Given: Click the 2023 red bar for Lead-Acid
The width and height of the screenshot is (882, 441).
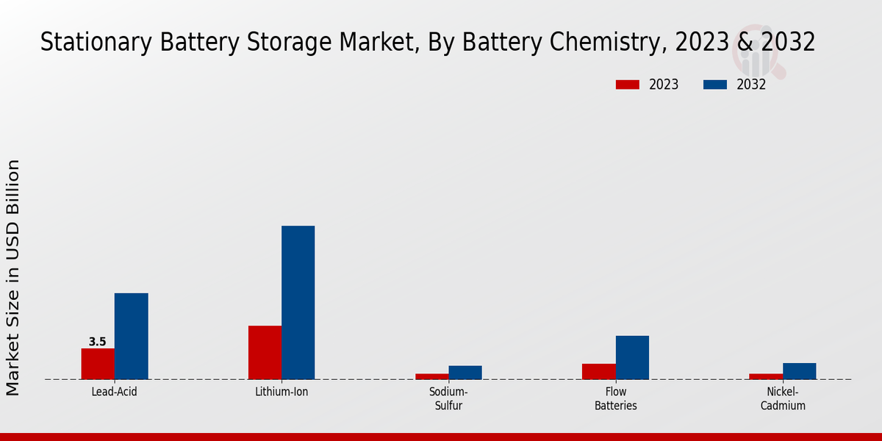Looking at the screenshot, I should pyautogui.click(x=98, y=364).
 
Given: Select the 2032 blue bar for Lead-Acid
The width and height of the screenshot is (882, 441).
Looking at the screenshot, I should pyautogui.click(x=131, y=336).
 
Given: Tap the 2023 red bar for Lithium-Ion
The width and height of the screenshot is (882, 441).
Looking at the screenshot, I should pyautogui.click(x=265, y=352).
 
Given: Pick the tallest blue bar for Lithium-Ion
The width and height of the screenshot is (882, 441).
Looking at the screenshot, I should pyautogui.click(x=298, y=302).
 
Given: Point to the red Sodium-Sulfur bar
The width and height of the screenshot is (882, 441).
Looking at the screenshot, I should pyautogui.click(x=431, y=376).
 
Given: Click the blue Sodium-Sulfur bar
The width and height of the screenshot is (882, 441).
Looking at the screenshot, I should pyautogui.click(x=465, y=373).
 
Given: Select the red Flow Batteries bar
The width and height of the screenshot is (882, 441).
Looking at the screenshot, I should pyautogui.click(x=598, y=371).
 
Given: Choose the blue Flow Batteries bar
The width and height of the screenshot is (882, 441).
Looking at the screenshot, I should pyautogui.click(x=632, y=357).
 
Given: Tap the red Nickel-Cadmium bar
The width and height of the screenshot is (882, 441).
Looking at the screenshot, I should pyautogui.click(x=765, y=376).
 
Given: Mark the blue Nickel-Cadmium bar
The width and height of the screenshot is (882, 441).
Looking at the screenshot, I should pyautogui.click(x=799, y=371).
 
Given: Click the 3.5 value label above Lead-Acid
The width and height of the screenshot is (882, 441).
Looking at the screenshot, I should pyautogui.click(x=97, y=342).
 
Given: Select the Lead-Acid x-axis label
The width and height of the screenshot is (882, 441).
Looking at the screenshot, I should pyautogui.click(x=114, y=392).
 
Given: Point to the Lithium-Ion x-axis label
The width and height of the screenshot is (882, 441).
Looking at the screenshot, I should pyautogui.click(x=282, y=392).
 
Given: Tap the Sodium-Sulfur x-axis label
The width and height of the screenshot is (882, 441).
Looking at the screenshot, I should pyautogui.click(x=448, y=398).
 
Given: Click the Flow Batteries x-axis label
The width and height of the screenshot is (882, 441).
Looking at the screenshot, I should pyautogui.click(x=615, y=398).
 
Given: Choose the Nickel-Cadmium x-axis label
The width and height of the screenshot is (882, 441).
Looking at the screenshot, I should pyautogui.click(x=783, y=398).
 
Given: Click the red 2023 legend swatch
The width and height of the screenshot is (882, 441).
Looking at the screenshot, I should pyautogui.click(x=627, y=85).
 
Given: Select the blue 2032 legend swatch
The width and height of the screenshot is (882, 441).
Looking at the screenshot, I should pyautogui.click(x=714, y=85).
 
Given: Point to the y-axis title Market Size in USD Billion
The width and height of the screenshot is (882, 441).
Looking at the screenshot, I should pyautogui.click(x=13, y=278).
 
